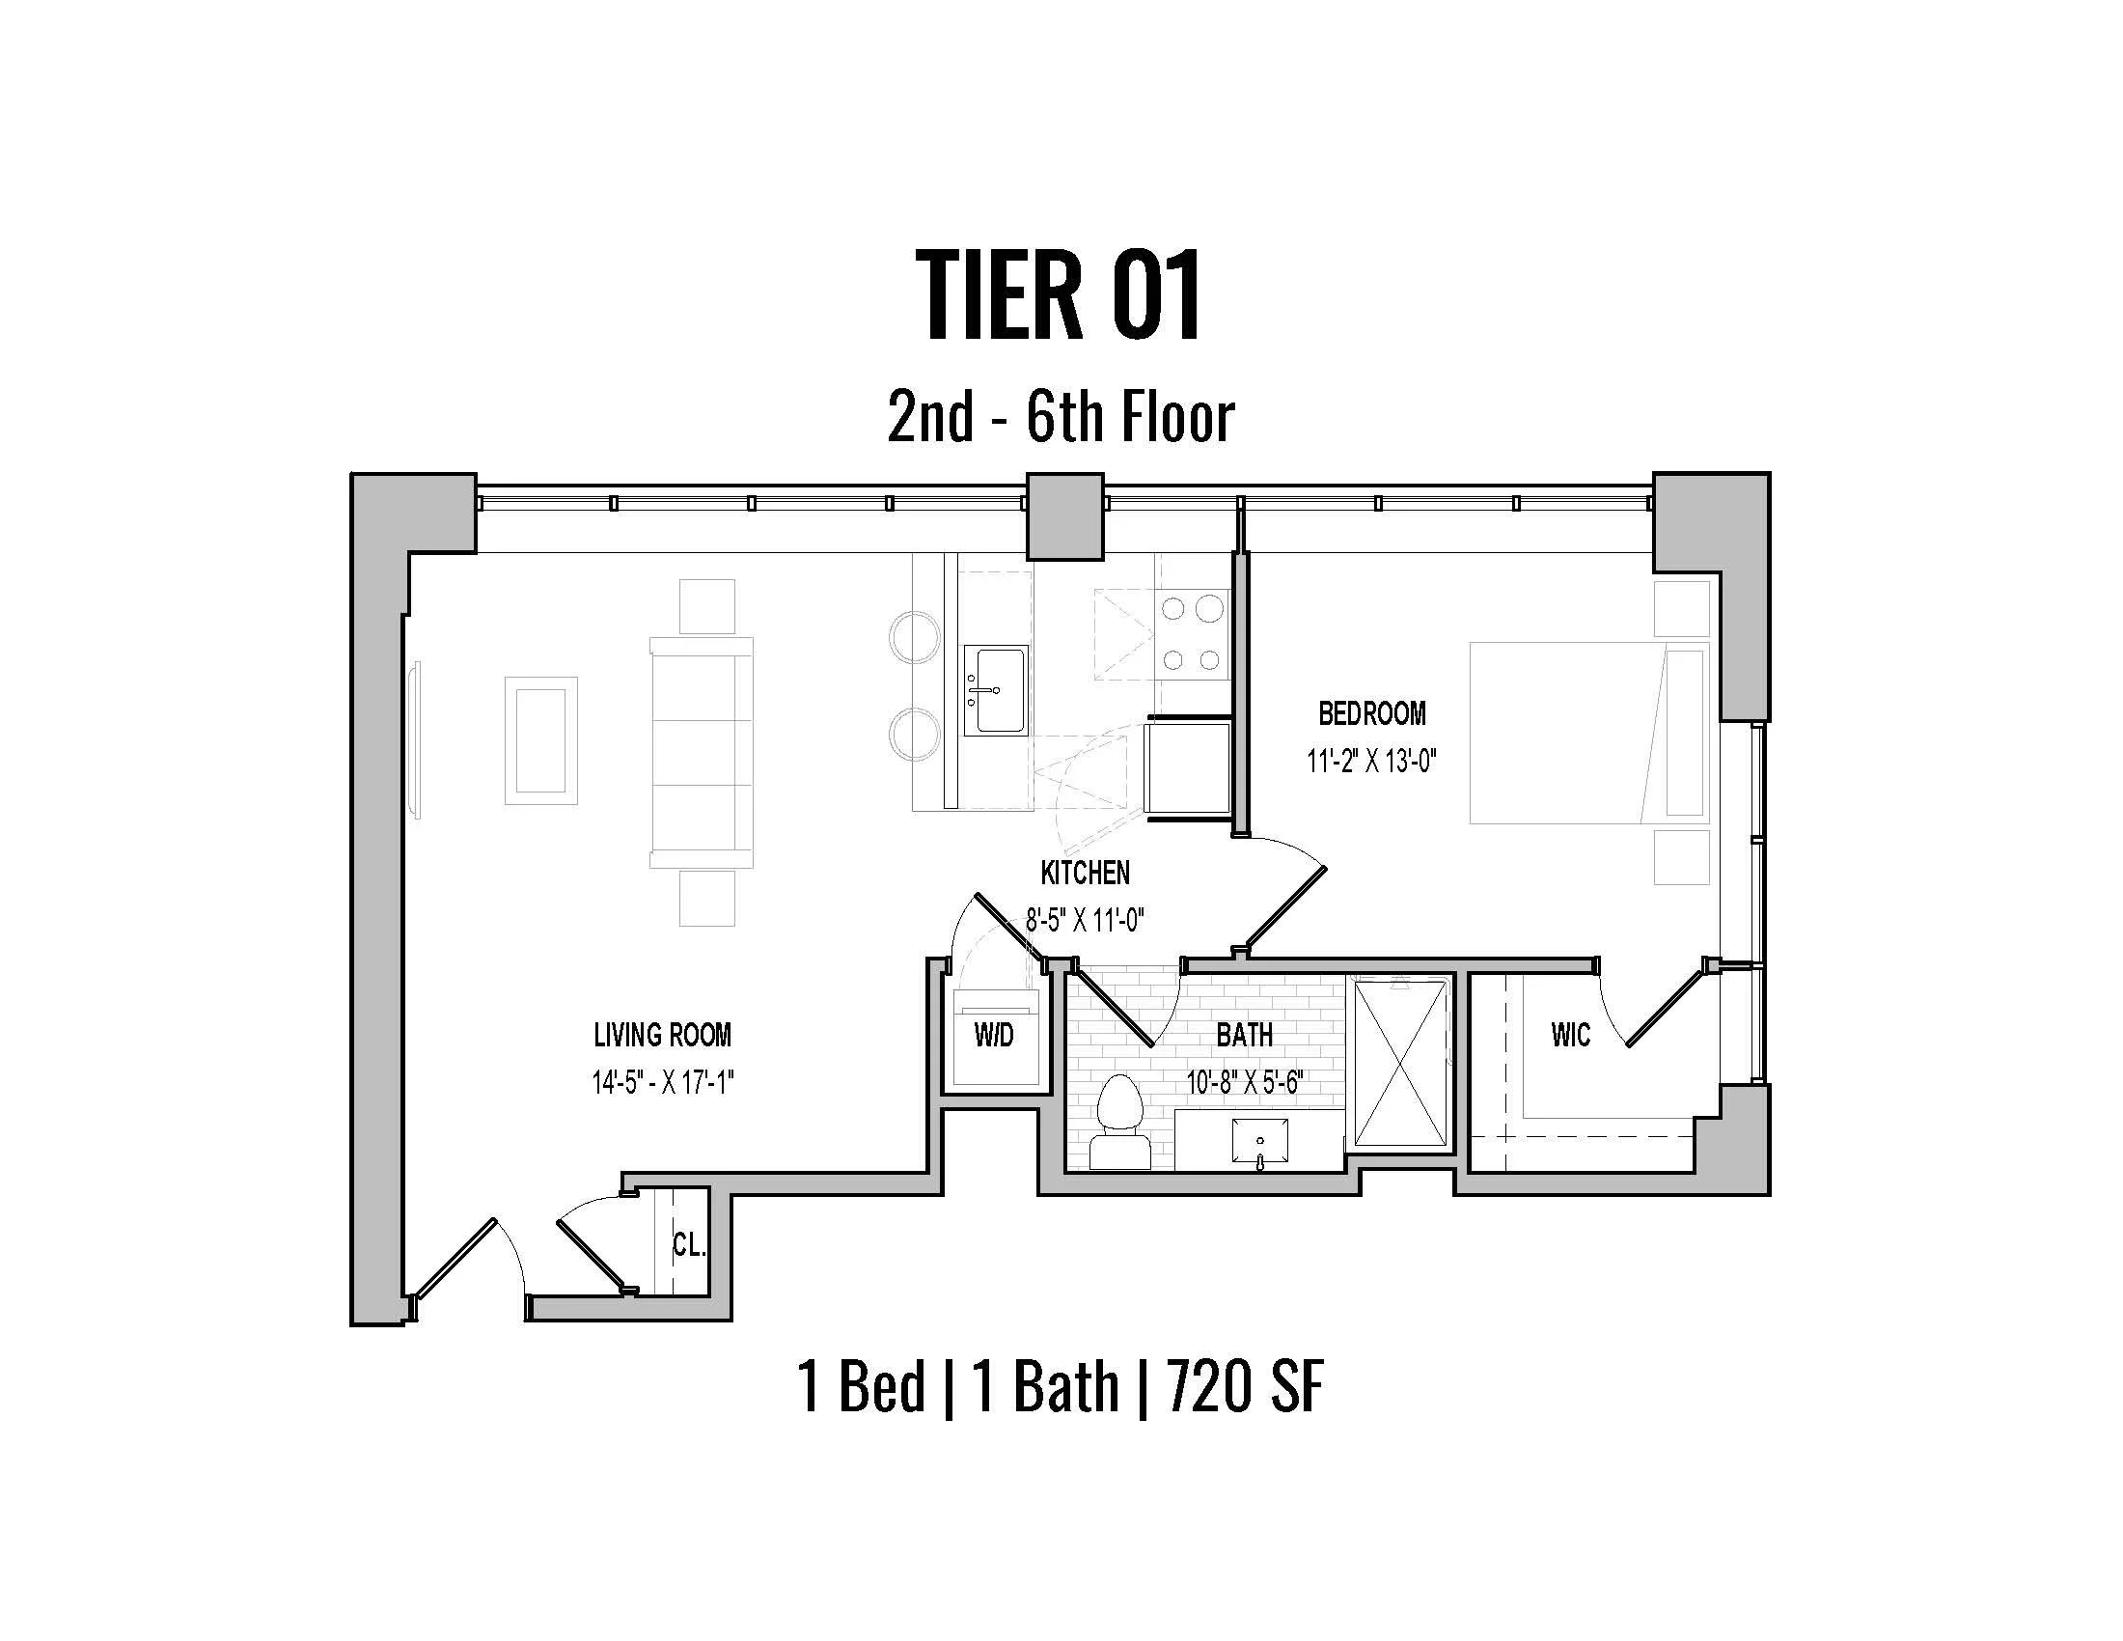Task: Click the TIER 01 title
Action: click(x=1060, y=293)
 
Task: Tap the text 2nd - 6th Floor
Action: click(x=1060, y=418)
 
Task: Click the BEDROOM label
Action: click(x=1371, y=713)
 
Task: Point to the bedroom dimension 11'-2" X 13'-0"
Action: click(x=1370, y=761)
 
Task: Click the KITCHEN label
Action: click(x=1085, y=873)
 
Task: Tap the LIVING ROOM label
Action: click(x=662, y=1035)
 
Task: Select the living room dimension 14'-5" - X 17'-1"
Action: click(x=662, y=1082)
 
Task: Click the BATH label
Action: click(x=1244, y=1035)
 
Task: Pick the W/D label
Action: click(x=993, y=1036)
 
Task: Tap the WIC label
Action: click(x=1571, y=1035)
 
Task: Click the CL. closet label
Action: click(x=688, y=1245)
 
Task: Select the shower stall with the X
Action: click(x=1400, y=1064)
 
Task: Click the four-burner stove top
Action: click(x=1192, y=634)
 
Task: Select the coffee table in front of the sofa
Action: click(x=540, y=740)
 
